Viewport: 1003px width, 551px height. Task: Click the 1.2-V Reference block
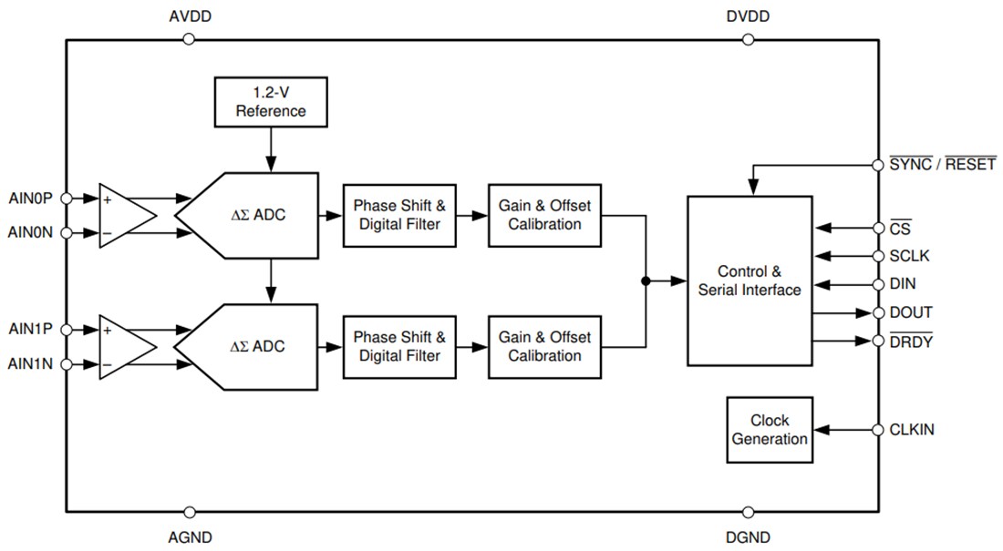271,102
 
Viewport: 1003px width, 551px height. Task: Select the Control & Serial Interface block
749,281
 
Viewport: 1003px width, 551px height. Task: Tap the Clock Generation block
770,430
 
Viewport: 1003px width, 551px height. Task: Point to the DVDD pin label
748,17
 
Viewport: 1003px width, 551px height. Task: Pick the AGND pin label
190,537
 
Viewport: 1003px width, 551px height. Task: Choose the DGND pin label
748,537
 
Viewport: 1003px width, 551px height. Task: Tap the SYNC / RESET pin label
942,166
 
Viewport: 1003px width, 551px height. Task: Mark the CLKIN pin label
912,429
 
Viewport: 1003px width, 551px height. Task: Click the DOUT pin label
911,312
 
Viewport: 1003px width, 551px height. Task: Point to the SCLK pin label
910,256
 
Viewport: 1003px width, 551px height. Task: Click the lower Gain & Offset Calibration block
544,346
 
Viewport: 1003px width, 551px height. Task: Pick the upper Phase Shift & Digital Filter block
398,215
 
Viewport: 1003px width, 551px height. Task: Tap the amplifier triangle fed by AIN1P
124,347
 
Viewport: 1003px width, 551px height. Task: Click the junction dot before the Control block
646,281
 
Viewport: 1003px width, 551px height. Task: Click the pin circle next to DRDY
877,342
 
